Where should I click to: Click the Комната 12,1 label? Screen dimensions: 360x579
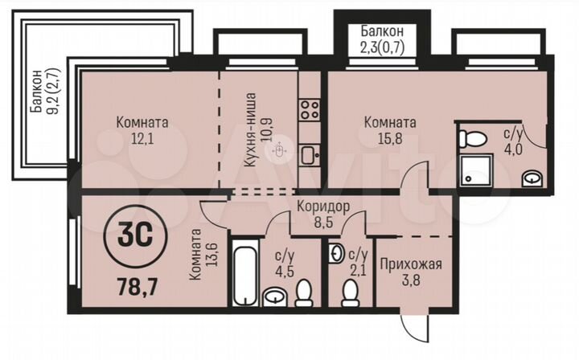(x=142, y=130)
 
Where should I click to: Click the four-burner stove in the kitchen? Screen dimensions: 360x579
(x=309, y=109)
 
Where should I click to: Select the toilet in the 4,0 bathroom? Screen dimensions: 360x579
(x=472, y=137)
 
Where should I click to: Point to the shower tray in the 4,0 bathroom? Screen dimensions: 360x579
(x=473, y=170)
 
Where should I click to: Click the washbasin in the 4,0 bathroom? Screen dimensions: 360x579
(x=532, y=178)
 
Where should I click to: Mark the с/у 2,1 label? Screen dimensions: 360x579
(x=358, y=262)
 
